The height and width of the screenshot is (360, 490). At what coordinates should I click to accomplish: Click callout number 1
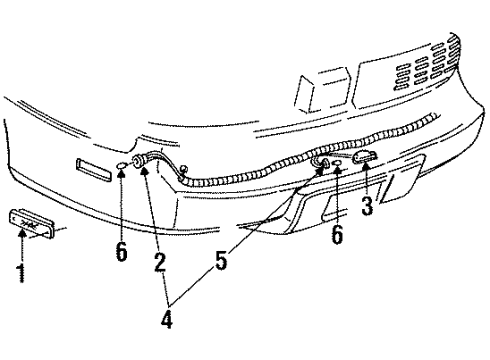tap(20, 272)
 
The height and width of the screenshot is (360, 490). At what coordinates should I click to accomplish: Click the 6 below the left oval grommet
tap(121, 252)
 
